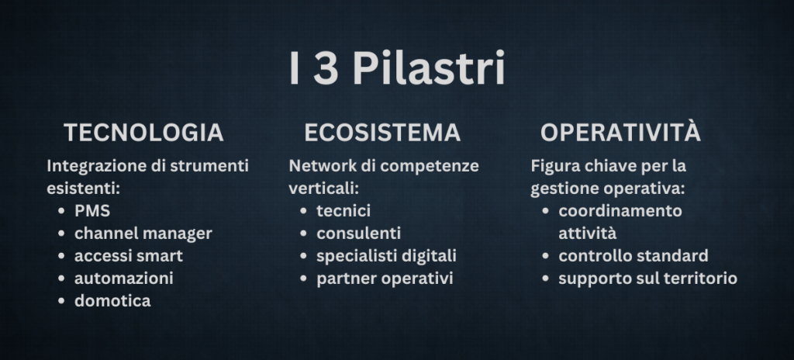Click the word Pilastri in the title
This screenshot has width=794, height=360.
pos(428,68)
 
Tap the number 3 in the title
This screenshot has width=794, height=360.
pos(326,68)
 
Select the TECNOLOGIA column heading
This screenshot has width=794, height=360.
pos(143,133)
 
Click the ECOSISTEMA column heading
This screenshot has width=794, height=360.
pos(382,133)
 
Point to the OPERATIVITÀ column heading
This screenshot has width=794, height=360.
pos(621,131)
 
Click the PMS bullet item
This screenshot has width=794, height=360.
pos(92,211)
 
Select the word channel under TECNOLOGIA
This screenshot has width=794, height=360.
pos(106,234)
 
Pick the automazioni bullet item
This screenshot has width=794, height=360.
pos(124,278)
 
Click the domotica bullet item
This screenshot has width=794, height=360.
pos(112,300)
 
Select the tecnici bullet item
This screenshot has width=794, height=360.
pos(343,211)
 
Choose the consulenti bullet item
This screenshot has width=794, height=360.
pos(358,234)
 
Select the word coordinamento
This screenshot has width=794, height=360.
pos(620,211)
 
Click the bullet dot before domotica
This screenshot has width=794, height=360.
pos(61,301)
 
